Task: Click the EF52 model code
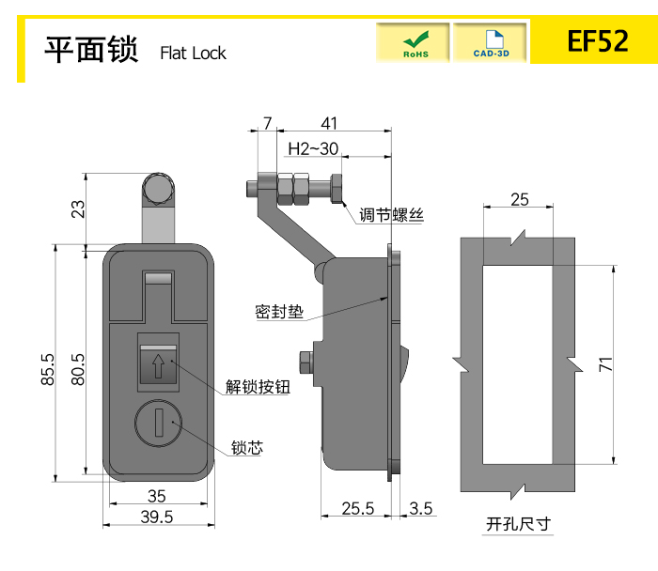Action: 597,42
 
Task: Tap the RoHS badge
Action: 415,43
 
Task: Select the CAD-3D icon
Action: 491,43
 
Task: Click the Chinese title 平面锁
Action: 92,49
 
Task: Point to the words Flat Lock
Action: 193,54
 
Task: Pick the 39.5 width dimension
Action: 157,517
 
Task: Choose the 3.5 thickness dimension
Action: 421,508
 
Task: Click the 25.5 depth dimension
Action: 358,508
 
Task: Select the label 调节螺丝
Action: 391,215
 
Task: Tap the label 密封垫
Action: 279,311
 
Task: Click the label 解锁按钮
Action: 258,386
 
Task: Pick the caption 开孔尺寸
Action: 517,524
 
